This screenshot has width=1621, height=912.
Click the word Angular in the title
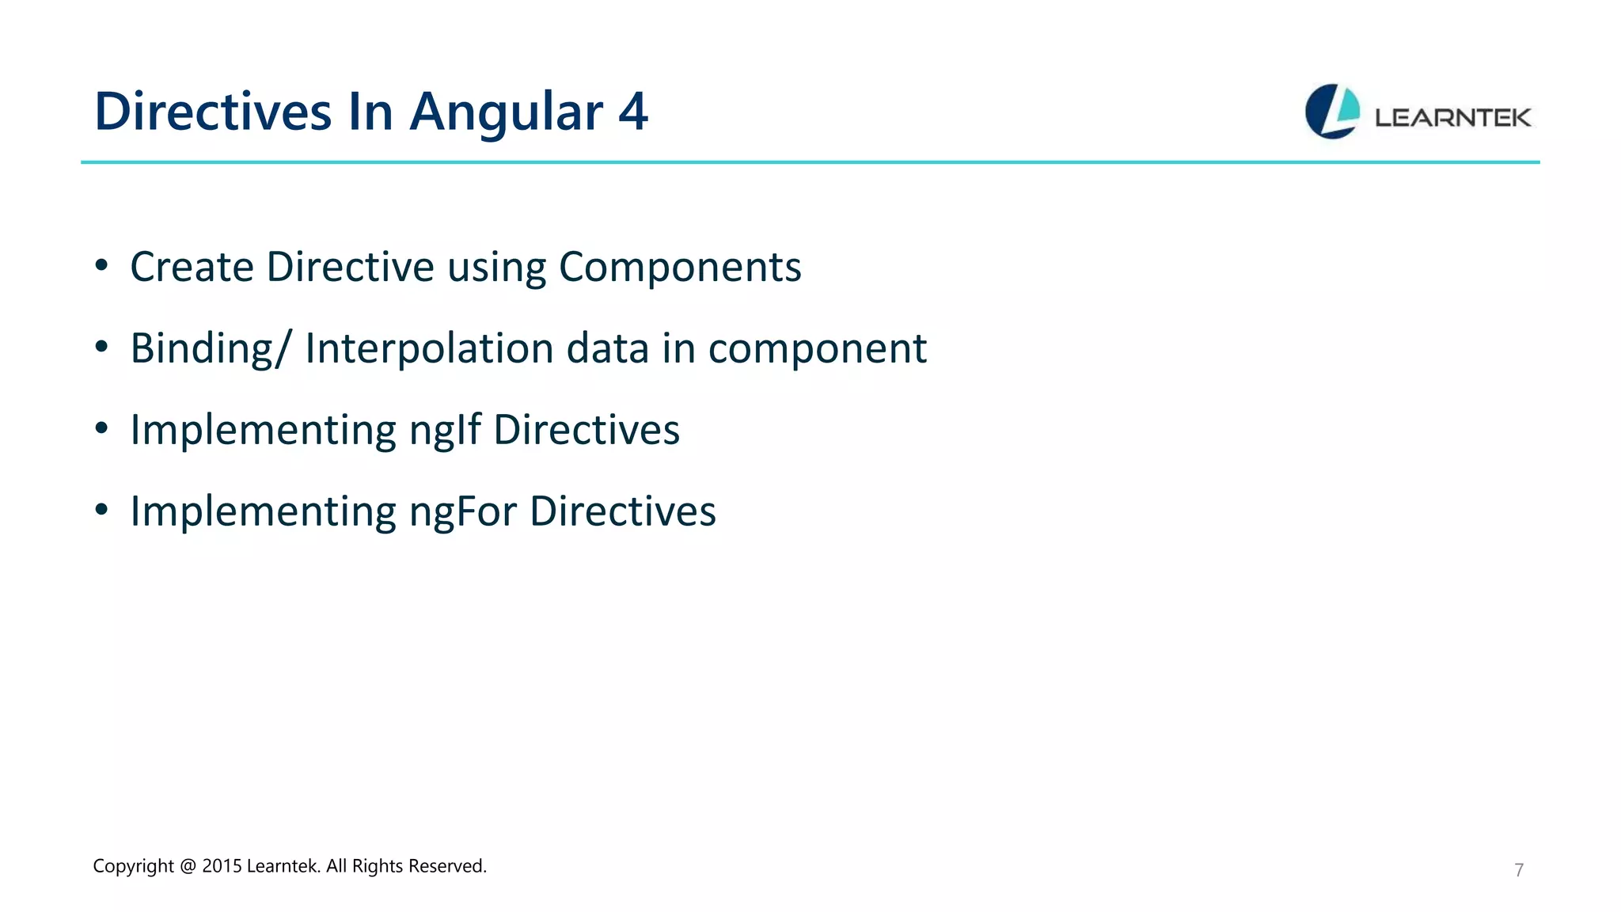click(506, 112)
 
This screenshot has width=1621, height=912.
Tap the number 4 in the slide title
click(632, 112)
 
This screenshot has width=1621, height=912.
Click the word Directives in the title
click(213, 112)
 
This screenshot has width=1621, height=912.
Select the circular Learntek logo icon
click(1332, 112)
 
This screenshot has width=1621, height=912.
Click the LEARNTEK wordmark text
click(1452, 118)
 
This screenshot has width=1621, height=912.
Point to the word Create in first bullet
click(192, 267)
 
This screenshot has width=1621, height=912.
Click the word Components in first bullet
click(680, 267)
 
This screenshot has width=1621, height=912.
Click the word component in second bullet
click(817, 348)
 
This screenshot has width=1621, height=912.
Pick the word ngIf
click(446, 430)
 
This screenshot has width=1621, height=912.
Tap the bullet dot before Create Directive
click(101, 267)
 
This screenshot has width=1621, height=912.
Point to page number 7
click(1518, 870)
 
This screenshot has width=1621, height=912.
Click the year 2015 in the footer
click(222, 866)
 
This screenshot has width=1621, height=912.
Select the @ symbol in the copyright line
click(188, 866)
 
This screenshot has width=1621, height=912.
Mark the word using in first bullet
click(496, 267)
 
